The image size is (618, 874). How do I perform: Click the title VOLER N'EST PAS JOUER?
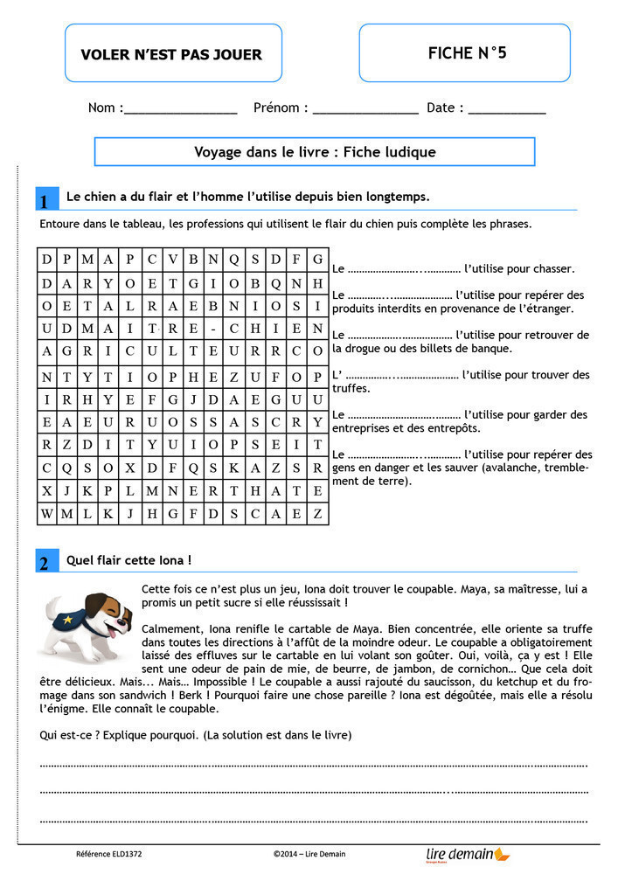(x=171, y=54)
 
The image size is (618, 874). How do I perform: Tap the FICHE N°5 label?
(x=467, y=53)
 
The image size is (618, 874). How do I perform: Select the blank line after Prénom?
(x=365, y=114)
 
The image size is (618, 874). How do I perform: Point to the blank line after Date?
(x=507, y=114)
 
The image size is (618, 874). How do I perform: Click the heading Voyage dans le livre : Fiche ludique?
(x=315, y=152)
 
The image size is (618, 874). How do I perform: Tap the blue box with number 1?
(x=45, y=200)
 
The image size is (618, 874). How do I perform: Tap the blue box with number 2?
(x=45, y=562)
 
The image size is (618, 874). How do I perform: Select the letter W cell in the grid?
(x=46, y=513)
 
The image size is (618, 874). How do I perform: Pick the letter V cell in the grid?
(x=171, y=259)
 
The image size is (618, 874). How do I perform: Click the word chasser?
(x=552, y=269)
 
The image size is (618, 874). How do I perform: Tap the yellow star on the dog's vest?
(x=69, y=619)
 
